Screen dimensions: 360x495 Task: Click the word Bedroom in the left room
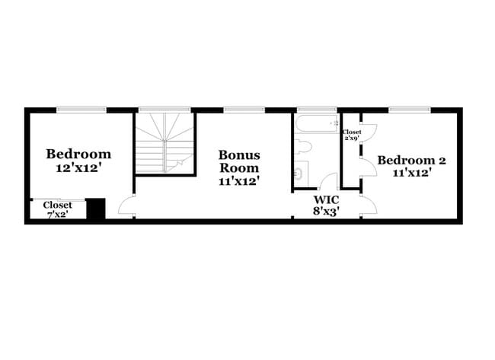(x=78, y=154)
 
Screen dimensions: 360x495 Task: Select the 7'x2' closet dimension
(x=57, y=215)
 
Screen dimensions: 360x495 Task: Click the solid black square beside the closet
(x=95, y=209)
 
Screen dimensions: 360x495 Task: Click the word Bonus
(x=239, y=155)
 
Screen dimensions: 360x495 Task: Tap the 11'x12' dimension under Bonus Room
(x=239, y=181)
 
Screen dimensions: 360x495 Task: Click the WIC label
(x=327, y=199)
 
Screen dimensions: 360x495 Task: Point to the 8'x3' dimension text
(x=327, y=212)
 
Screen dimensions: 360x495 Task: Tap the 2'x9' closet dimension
(x=352, y=139)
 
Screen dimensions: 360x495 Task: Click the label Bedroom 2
(x=412, y=161)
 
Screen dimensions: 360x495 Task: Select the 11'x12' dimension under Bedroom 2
(x=412, y=173)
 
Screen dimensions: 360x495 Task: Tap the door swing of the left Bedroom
(x=128, y=205)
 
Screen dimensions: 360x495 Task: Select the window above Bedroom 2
(x=410, y=110)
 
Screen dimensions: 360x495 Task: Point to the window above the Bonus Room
(x=244, y=110)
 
